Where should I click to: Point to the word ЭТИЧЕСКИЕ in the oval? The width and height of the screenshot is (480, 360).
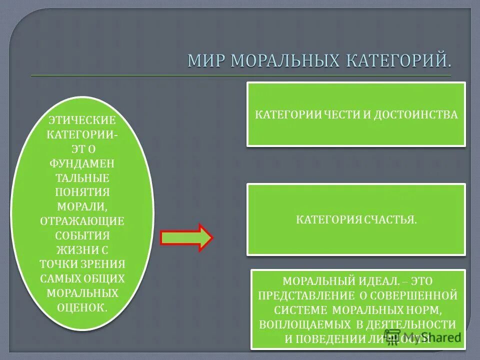82,120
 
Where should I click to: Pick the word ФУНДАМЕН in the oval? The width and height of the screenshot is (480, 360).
82,163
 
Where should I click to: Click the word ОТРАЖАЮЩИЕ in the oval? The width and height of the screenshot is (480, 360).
82,221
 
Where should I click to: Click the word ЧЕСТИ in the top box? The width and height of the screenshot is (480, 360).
340,114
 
